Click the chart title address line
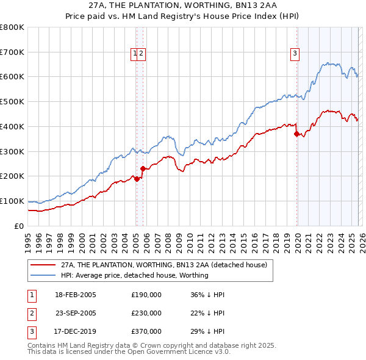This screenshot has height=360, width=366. [183, 4]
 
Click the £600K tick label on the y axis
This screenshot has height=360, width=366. [12, 77]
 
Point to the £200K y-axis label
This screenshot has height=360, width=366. [12, 176]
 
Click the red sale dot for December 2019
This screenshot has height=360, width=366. [296, 134]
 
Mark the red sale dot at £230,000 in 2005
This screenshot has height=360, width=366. [143, 168]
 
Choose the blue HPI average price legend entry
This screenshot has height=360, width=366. [135, 275]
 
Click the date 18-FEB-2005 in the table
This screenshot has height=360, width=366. [76, 295]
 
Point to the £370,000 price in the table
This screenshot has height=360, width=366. [146, 331]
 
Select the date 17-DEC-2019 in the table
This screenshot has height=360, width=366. [76, 331]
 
